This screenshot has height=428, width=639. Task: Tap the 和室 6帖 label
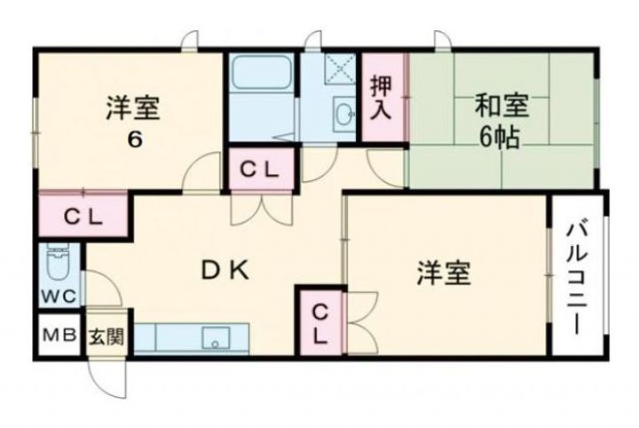pyautogui.click(x=501, y=121)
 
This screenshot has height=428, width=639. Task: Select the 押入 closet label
pyautogui.click(x=383, y=97)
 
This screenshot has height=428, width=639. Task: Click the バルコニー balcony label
pyautogui.click(x=576, y=276)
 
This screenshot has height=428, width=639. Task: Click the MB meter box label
pyautogui.click(x=59, y=337)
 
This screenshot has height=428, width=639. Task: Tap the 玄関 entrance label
pyautogui.click(x=106, y=337)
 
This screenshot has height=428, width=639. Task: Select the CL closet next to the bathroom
pyautogui.click(x=263, y=169)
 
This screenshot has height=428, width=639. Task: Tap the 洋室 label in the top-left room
pyautogui.click(x=133, y=108)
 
